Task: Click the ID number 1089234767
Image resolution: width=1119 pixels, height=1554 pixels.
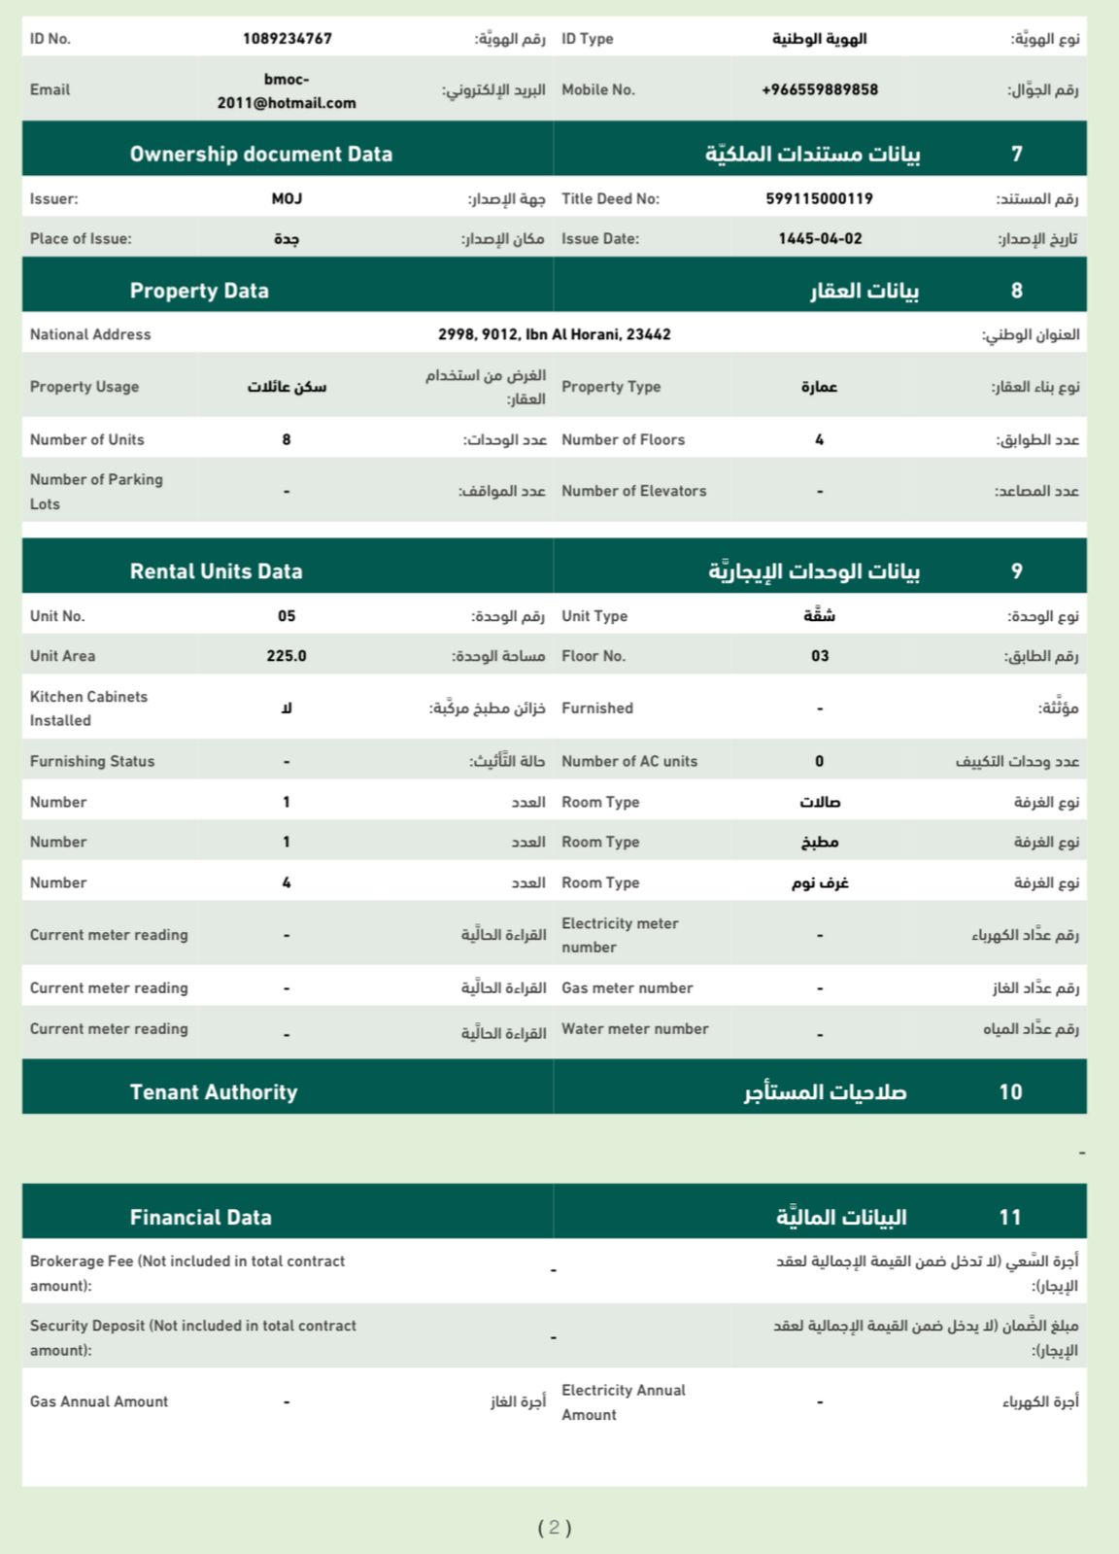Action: tap(287, 39)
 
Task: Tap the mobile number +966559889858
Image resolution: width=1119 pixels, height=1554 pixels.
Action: tap(820, 89)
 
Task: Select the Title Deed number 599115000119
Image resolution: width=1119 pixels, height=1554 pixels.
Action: tap(820, 198)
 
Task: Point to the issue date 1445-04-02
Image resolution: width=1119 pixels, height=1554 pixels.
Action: tap(820, 238)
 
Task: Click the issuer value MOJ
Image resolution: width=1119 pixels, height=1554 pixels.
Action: tap(287, 198)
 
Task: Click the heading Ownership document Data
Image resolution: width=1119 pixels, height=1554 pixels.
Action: tap(261, 154)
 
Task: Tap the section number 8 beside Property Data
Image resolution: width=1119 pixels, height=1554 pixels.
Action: tap(1017, 291)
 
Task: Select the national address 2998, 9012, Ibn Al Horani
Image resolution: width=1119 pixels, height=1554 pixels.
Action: tap(554, 334)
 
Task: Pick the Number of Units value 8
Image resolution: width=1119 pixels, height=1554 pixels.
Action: tap(287, 439)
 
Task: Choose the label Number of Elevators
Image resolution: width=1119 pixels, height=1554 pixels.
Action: tap(633, 491)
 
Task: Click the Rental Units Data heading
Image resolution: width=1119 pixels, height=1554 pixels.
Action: tap(216, 571)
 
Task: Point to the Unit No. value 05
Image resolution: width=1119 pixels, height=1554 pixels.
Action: tap(287, 616)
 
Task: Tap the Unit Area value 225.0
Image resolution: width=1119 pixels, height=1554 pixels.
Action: tap(287, 656)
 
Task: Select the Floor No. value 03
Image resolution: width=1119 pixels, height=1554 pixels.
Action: tap(820, 656)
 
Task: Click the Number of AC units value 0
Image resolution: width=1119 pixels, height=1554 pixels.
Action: tap(820, 761)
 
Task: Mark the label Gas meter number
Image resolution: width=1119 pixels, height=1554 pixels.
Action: tap(627, 987)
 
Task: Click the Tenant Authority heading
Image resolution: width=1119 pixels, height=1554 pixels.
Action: tap(214, 1092)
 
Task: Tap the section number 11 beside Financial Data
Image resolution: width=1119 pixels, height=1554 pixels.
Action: tap(1010, 1217)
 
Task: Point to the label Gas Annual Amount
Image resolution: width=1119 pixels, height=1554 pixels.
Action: tap(99, 1401)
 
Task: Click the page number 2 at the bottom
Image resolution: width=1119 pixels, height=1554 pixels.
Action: tap(554, 1527)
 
